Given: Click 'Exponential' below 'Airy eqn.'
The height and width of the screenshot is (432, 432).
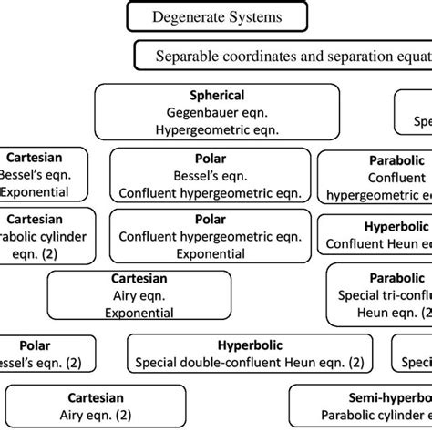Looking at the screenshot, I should [x=139, y=313].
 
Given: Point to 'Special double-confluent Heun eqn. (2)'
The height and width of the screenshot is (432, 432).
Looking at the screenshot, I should [x=250, y=363].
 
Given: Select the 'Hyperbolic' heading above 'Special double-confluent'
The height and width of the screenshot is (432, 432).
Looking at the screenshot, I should [x=250, y=345].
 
